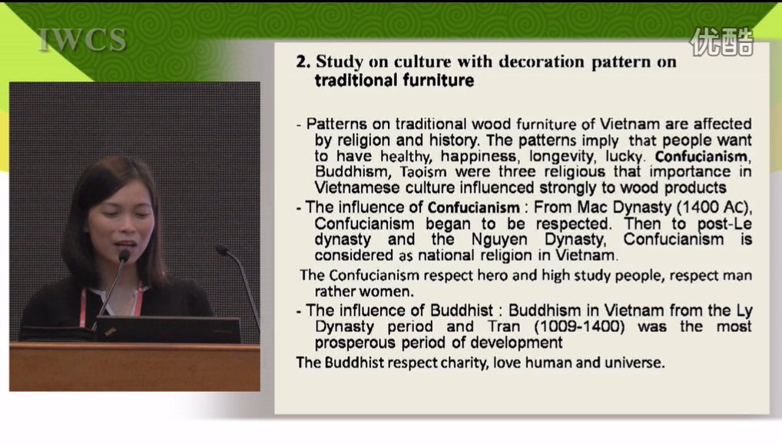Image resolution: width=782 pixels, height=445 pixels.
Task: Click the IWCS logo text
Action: pyautogui.click(x=82, y=40)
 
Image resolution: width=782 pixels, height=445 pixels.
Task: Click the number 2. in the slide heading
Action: pyautogui.click(x=303, y=61)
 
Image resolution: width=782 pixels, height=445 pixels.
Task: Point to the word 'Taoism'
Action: pyautogui.click(x=423, y=172)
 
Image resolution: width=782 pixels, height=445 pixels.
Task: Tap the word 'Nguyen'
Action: pyautogui.click(x=499, y=240)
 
